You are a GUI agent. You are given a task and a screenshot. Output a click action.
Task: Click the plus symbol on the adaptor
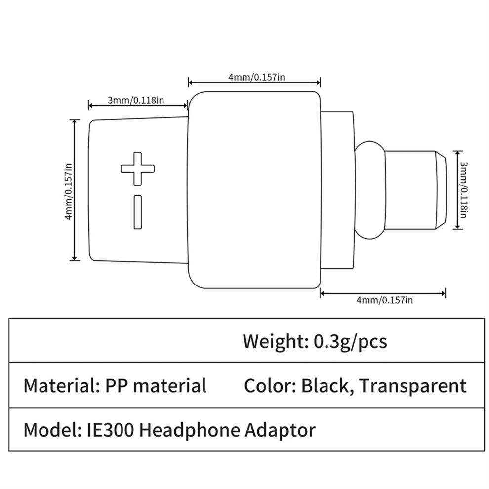click(x=137, y=169)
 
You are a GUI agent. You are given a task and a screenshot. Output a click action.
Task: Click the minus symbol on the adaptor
click(x=138, y=212)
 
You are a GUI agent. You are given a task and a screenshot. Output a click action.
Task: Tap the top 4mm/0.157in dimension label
click(x=256, y=77)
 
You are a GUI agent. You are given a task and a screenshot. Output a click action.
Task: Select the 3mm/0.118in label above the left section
click(x=136, y=100)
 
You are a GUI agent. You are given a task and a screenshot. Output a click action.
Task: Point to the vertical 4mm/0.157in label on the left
click(x=68, y=192)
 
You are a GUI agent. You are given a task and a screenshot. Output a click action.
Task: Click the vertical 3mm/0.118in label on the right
click(x=464, y=190)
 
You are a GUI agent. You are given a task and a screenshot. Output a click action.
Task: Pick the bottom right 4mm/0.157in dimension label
click(x=384, y=300)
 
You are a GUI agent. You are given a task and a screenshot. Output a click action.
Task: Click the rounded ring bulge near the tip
click(x=370, y=190)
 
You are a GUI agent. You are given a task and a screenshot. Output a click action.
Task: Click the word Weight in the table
click(x=272, y=341)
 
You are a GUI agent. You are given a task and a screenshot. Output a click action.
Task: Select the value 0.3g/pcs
click(x=350, y=342)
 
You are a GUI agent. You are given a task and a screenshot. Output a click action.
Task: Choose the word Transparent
click(x=413, y=387)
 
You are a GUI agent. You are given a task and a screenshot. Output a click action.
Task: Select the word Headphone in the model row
click(x=189, y=431)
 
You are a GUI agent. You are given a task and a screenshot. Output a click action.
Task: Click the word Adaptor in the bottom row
click(x=280, y=431)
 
